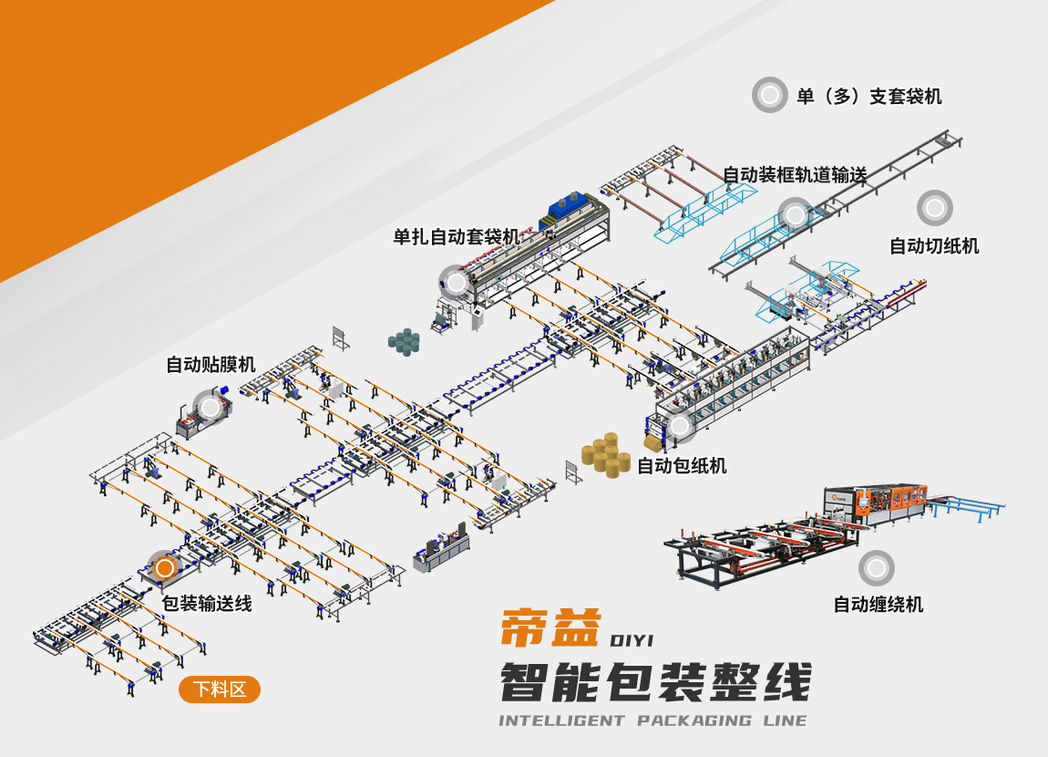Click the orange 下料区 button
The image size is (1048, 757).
(220, 690)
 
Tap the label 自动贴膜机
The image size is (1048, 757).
(211, 365)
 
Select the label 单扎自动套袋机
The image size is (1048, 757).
(457, 237)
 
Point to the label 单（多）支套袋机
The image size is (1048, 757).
(868, 97)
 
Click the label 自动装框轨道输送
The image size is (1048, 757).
(795, 175)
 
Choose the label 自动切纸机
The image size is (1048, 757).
(934, 246)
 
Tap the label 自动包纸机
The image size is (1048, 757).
(682, 465)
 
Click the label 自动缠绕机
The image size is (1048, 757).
(878, 605)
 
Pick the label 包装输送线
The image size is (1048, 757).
(207, 603)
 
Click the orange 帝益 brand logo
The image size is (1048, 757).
(550, 627)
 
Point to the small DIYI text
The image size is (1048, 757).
(632, 640)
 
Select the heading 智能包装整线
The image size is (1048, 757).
(655, 682)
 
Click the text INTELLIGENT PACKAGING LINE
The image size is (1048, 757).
(653, 721)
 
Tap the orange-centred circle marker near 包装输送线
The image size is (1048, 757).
(164, 568)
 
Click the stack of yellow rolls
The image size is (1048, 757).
(606, 455)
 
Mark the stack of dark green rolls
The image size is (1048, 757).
(404, 341)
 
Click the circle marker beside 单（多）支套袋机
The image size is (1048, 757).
(769, 95)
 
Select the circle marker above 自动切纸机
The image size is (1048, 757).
(934, 207)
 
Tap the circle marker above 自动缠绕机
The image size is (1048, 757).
(877, 568)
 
